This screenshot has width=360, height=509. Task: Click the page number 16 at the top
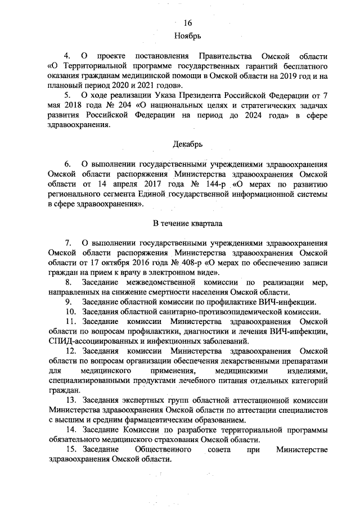point(188,23)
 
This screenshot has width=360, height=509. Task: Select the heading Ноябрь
point(188,35)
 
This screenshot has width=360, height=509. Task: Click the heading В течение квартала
point(188,223)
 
